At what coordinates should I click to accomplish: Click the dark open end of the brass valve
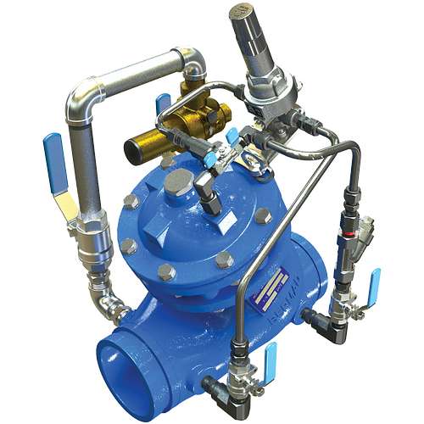(x=134, y=153)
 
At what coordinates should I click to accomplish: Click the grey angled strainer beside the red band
(x=364, y=232)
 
